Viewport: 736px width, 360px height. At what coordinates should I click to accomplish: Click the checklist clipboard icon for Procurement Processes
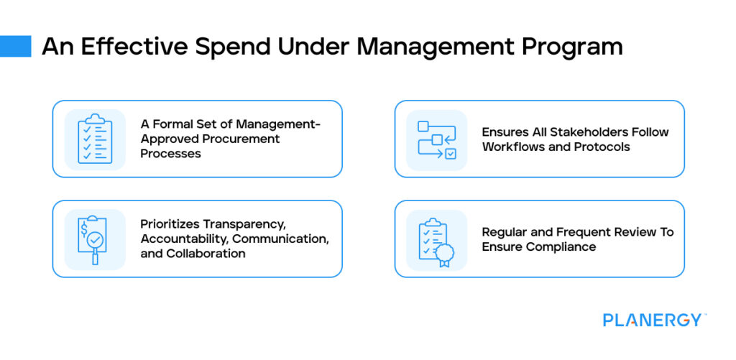click(95, 139)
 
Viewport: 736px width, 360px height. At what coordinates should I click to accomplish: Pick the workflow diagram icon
click(436, 139)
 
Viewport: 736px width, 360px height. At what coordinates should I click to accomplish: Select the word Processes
click(170, 153)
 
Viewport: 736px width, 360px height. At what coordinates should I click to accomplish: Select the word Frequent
click(580, 232)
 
